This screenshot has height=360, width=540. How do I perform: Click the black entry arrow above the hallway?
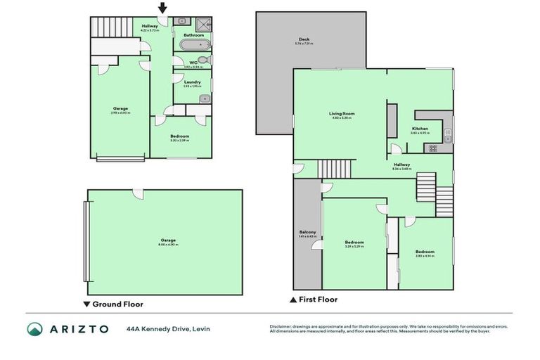click(x=162, y=8)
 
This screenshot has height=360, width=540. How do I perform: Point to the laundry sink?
click(x=203, y=98)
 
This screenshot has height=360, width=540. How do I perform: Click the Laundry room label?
click(x=192, y=82)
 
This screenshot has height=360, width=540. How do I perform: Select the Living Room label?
click(x=342, y=113)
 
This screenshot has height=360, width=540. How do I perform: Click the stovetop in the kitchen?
click(x=430, y=148)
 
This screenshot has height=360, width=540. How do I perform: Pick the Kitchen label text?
click(x=420, y=128)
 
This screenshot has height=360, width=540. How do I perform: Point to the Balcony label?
click(x=307, y=232)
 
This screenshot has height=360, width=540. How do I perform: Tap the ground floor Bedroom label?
click(x=179, y=136)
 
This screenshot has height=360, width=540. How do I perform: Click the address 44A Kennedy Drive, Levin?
click(x=168, y=328)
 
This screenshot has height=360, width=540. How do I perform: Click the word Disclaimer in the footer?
click(x=280, y=326)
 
